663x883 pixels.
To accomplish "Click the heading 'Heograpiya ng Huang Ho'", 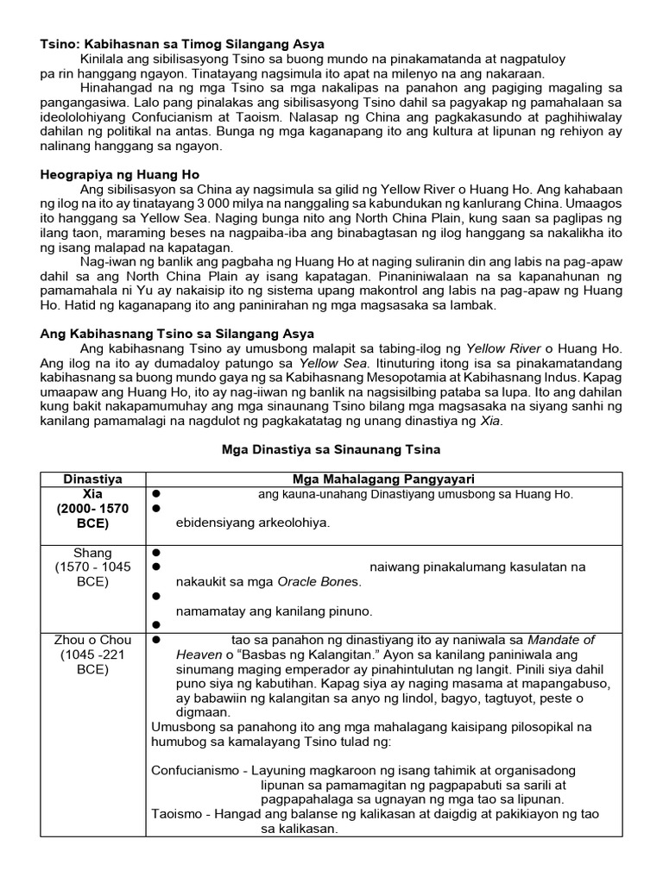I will click(x=120, y=173).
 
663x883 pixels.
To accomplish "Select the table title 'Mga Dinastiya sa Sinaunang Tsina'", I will click(x=332, y=449).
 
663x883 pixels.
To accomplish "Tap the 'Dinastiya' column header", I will click(x=93, y=479).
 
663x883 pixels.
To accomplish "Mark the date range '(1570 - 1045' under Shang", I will click(x=93, y=567).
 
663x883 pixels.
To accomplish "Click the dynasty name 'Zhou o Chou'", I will click(x=93, y=640).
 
